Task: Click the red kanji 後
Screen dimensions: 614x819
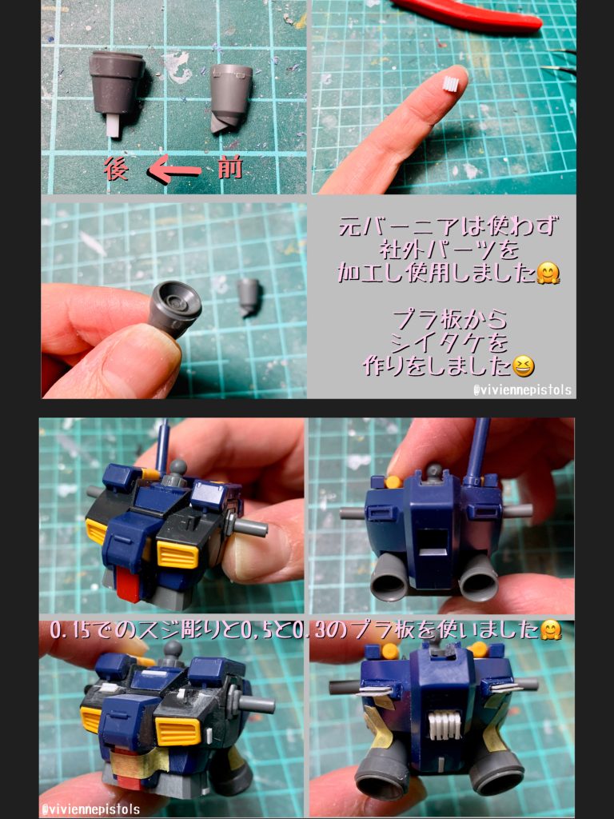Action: [x=116, y=169]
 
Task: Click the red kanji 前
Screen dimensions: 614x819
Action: [x=230, y=168]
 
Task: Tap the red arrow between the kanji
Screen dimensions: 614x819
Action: [x=173, y=170]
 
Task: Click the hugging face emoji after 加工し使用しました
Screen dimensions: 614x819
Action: [x=548, y=273]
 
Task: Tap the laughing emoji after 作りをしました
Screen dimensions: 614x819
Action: [x=523, y=366]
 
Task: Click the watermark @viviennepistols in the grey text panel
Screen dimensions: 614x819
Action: [x=522, y=390]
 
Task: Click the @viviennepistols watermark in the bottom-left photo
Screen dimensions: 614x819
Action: [x=90, y=809]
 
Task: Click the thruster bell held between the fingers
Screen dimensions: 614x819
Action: [x=174, y=309]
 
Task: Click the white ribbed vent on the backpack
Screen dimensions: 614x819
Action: [x=445, y=726]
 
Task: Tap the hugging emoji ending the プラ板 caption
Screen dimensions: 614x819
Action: [x=550, y=630]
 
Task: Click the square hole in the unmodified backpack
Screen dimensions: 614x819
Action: [x=434, y=543]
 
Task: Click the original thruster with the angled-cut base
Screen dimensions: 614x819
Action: [x=231, y=98]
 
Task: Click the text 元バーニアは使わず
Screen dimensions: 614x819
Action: [x=449, y=226]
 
